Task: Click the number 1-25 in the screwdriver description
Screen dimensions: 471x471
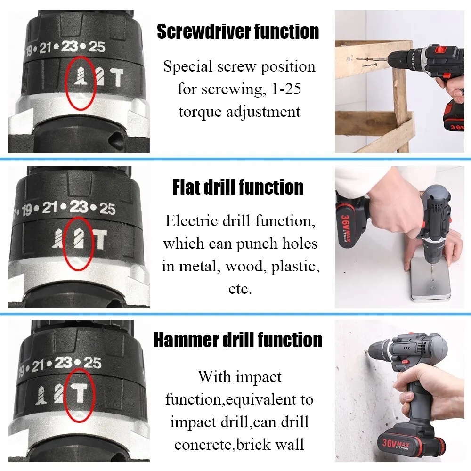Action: [x=286, y=89]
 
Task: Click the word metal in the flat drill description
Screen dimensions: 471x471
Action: [x=199, y=266]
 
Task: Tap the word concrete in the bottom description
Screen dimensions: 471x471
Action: [x=205, y=445]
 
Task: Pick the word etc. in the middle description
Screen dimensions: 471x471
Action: [x=240, y=289]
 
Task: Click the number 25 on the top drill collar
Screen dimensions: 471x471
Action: [x=97, y=47]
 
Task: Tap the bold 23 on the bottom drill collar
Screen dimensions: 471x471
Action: [x=64, y=363]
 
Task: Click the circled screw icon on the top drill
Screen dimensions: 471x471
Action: [x=81, y=76]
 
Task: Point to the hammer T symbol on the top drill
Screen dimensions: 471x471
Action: [x=116, y=78]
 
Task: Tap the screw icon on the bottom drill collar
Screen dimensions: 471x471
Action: [x=41, y=395]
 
